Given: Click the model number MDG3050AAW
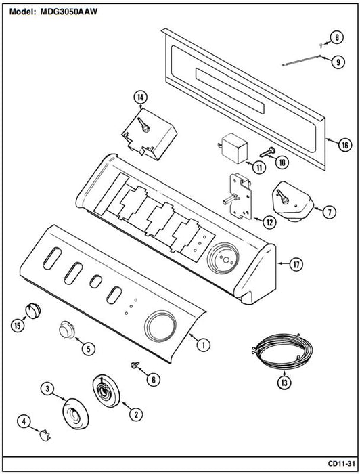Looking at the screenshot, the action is click(68, 12).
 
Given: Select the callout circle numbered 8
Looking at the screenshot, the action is click(336, 37).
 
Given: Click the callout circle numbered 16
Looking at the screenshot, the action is click(344, 145).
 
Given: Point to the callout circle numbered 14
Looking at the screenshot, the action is click(141, 98).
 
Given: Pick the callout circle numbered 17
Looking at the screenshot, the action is click(296, 265).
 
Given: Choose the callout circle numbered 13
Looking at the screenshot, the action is click(284, 383).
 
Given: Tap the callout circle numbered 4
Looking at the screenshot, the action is click(24, 421).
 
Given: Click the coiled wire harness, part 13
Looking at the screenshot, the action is click(282, 351).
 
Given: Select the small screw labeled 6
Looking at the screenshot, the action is click(134, 365).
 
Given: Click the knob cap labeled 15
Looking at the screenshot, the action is click(33, 311).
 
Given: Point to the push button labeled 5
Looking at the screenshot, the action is click(67, 330).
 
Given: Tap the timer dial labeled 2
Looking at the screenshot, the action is click(106, 392).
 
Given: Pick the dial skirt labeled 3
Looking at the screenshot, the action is click(76, 414).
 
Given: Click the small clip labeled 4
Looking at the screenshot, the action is click(45, 435).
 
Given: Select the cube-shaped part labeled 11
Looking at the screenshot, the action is click(234, 148).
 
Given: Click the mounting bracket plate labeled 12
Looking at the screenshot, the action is click(240, 196).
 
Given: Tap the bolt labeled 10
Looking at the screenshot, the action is click(267, 152).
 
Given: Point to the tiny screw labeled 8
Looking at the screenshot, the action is click(321, 45).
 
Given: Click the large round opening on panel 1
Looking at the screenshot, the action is click(160, 326).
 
